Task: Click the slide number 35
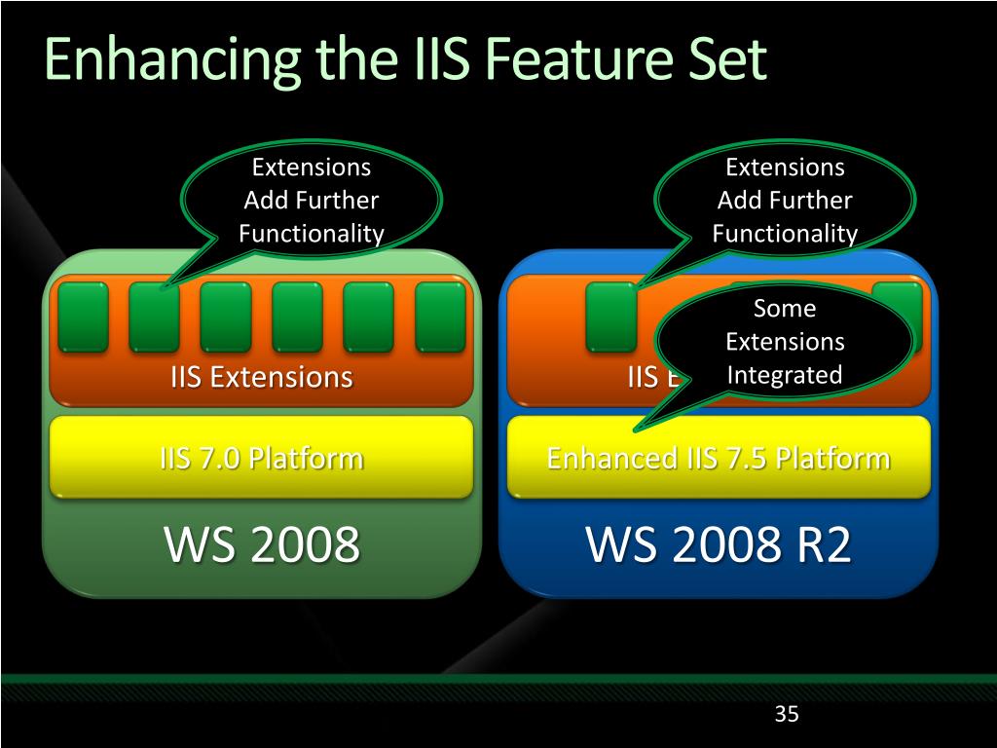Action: pyautogui.click(x=787, y=715)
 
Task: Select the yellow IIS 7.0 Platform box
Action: pyautogui.click(x=261, y=457)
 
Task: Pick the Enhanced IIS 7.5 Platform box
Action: pyautogui.click(x=719, y=458)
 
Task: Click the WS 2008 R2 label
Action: pyautogui.click(x=719, y=544)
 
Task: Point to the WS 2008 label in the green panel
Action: pyautogui.click(x=262, y=544)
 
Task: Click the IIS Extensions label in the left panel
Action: pyautogui.click(x=261, y=377)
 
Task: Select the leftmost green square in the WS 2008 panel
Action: pyautogui.click(x=83, y=317)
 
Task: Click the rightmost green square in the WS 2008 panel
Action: pyautogui.click(x=440, y=317)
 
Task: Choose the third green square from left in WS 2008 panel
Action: pyautogui.click(x=226, y=317)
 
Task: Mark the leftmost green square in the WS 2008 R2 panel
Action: pyautogui.click(x=611, y=317)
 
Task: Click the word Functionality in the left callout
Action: pyautogui.click(x=312, y=234)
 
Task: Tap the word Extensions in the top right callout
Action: pyautogui.click(x=785, y=168)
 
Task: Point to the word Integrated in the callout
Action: pyautogui.click(x=785, y=375)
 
